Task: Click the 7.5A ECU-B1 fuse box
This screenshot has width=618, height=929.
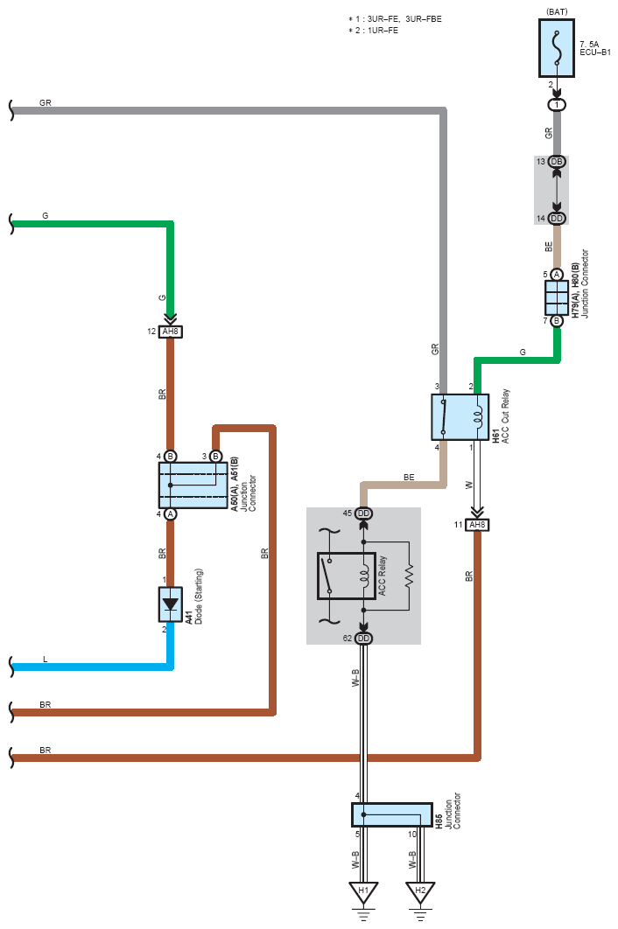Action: [557, 49]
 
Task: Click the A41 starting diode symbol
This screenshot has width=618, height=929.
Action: [170, 604]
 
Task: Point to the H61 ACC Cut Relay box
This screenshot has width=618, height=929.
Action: [460, 417]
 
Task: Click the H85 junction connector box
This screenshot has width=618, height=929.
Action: [392, 814]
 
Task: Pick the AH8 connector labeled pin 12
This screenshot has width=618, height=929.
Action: [171, 332]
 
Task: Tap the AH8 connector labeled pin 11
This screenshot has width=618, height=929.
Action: [477, 525]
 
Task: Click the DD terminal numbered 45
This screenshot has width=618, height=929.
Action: [363, 513]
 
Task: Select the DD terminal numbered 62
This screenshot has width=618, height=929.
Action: [363, 638]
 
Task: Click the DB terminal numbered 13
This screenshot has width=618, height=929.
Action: [557, 162]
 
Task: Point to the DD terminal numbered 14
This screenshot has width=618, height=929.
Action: [557, 219]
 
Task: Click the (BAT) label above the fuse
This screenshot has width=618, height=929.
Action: [557, 12]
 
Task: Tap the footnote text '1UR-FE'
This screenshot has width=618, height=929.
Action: [383, 31]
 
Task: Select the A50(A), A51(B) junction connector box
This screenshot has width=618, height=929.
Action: [193, 485]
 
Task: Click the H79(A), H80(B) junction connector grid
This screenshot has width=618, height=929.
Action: [557, 297]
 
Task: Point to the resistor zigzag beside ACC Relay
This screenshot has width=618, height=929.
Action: [409, 576]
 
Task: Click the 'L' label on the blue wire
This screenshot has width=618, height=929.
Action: [45, 660]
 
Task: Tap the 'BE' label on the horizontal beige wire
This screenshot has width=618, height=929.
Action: [410, 477]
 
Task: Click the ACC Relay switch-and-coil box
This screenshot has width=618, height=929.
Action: [347, 576]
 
